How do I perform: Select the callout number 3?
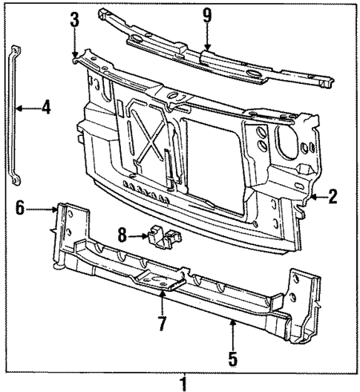click(74, 20)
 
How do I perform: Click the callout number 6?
click(19, 209)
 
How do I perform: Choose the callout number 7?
click(161, 324)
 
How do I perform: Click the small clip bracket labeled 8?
click(164, 235)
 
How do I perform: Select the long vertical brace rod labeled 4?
click(14, 119)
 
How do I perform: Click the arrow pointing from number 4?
click(27, 108)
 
